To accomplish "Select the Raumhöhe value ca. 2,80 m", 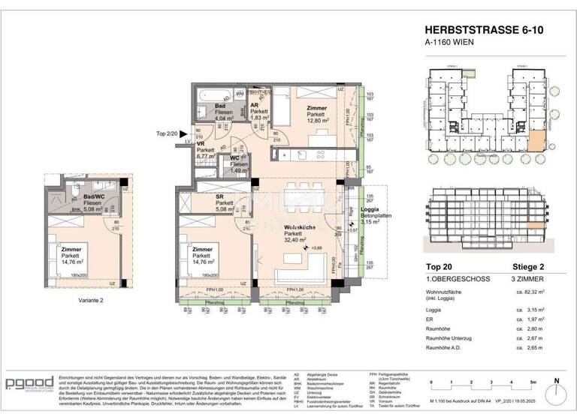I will coord(534,328).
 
